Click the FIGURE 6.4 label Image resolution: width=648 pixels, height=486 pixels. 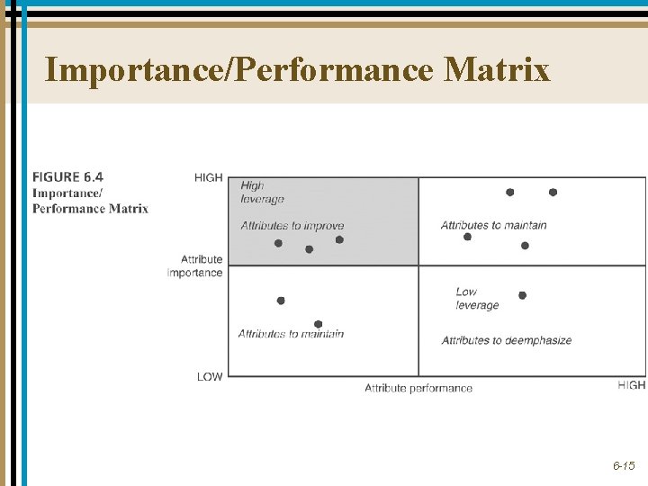click(x=67, y=176)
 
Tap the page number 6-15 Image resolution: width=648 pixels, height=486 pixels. click(x=624, y=465)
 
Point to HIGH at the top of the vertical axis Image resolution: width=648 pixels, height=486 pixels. click(x=208, y=177)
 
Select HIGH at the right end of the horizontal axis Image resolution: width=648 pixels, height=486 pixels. click(x=632, y=385)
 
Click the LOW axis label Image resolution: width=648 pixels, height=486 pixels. click(x=209, y=376)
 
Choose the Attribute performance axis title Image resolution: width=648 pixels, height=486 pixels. click(x=418, y=388)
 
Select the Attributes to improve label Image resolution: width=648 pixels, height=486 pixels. click(x=292, y=226)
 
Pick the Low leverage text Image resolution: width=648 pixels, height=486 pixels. click(x=476, y=298)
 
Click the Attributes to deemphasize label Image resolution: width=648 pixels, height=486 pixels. click(x=506, y=340)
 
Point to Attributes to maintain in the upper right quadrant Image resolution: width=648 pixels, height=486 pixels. click(x=493, y=225)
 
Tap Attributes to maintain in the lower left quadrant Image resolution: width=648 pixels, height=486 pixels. click(x=291, y=334)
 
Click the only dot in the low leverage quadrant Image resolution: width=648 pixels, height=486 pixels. click(x=522, y=295)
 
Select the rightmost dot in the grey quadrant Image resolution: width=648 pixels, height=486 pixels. click(x=339, y=239)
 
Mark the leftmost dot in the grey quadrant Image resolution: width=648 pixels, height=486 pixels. click(x=278, y=243)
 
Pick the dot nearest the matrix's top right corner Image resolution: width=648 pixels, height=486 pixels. click(x=553, y=192)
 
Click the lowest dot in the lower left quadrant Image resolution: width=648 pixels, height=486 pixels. click(x=318, y=324)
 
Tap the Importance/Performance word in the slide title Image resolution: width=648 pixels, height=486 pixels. click(x=238, y=69)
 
